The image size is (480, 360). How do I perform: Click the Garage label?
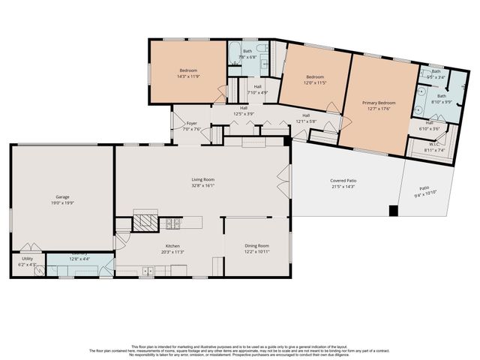coord(61,196)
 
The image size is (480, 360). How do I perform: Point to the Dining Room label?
coord(256,246)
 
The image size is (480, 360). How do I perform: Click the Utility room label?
coord(26,259)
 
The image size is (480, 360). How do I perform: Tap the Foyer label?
coord(192,123)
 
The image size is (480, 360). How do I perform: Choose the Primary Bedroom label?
coord(379,103)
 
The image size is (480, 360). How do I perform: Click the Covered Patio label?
coord(343,181)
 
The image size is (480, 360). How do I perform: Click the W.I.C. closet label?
coord(430,144)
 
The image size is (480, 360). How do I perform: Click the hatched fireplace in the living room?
coord(145,223)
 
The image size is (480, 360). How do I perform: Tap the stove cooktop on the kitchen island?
coord(172,223)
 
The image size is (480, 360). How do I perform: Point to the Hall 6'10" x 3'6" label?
coord(430,125)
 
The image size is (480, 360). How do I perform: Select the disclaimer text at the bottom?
coord(240,349)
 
